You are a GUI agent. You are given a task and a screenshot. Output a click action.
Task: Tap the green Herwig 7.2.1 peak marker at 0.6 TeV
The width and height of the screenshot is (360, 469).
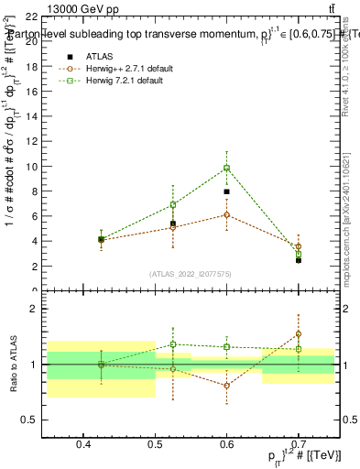[226, 168]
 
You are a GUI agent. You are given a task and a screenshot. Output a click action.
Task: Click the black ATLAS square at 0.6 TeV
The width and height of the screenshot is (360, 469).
[226, 192]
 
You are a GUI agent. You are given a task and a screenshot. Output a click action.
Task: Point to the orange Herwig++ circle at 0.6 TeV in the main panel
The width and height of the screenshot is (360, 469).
[226, 214]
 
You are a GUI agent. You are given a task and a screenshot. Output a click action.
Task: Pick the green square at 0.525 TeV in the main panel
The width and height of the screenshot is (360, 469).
[172, 204]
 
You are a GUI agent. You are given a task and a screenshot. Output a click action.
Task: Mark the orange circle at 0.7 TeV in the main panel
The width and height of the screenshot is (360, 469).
[299, 246]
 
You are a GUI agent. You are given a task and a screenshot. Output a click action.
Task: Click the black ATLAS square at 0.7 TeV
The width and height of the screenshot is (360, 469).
[299, 260]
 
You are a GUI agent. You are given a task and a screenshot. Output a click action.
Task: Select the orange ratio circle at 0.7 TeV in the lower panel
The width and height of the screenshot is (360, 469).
[299, 334]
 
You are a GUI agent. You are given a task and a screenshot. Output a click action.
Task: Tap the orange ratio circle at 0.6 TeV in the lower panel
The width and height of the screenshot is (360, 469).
[226, 386]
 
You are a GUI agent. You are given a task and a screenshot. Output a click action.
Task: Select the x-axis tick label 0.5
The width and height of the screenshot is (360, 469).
[155, 445]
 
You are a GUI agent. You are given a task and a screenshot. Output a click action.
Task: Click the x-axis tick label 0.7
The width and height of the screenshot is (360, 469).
[299, 445]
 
